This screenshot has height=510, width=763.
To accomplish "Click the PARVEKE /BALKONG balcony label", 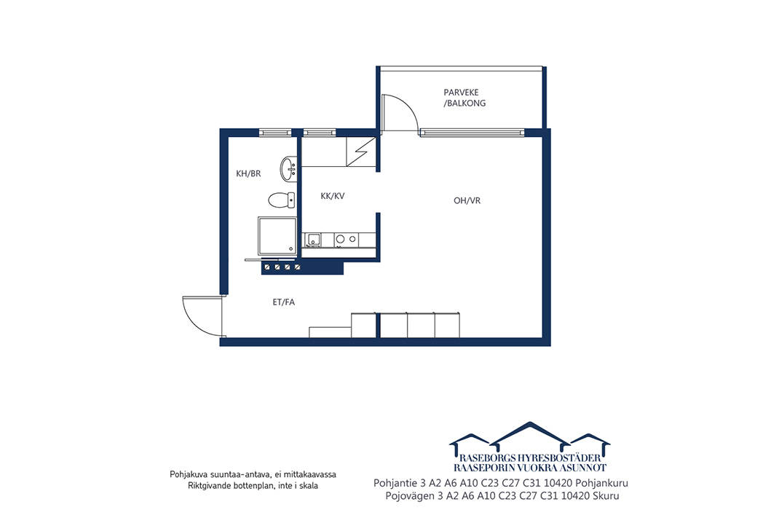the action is tap(464, 98).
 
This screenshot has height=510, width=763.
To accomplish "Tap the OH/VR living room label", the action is tap(467, 200).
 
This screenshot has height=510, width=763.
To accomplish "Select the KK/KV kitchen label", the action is tap(332, 196).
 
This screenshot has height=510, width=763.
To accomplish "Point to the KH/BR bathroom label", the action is tap(248, 173).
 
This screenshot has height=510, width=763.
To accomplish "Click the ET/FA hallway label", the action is tap(283, 302).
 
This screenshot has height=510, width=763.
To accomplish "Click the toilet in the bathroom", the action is tap(281, 200).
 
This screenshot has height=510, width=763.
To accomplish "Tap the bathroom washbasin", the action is tap(288, 169).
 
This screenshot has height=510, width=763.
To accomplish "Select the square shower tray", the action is tap(277, 236).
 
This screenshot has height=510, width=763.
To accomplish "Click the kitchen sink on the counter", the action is tap(312, 240).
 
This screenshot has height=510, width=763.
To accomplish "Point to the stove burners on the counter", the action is tap(346, 239).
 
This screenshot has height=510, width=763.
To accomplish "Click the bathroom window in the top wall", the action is tap(275, 132).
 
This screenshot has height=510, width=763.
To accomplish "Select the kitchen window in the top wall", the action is tap(319, 132).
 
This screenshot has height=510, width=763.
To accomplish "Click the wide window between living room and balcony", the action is tap(473, 132).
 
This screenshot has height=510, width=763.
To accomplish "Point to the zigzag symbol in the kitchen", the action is tap(361, 152).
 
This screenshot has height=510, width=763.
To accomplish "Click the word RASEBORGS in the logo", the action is tap(488, 458).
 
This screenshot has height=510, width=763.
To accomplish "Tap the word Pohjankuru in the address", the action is tap(601, 483).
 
